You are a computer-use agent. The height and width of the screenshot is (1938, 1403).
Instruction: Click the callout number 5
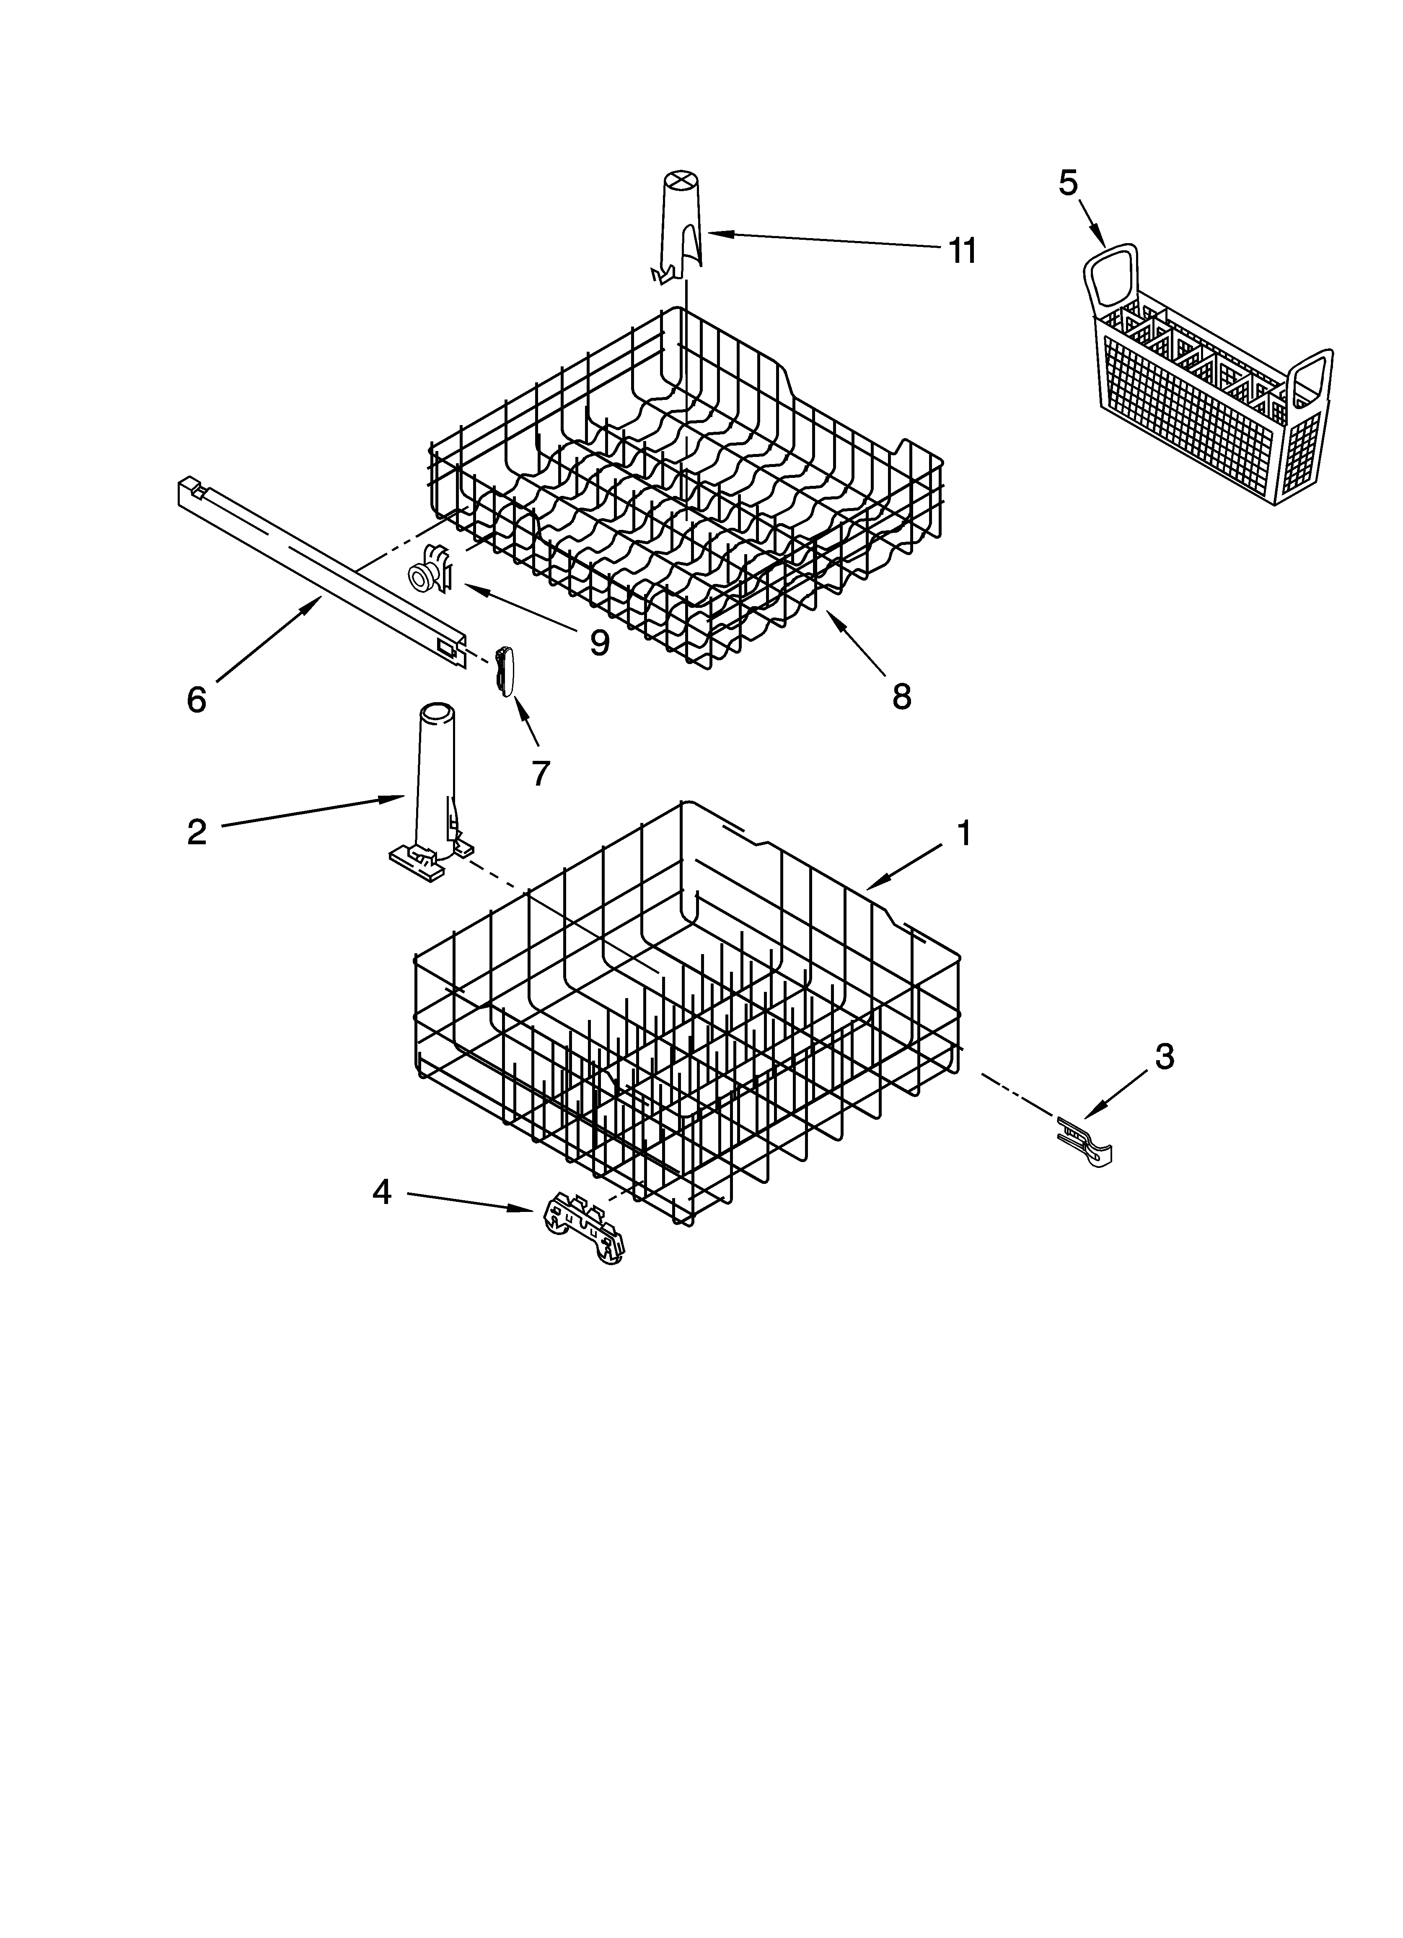(1068, 183)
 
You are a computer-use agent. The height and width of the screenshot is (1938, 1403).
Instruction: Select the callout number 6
(197, 700)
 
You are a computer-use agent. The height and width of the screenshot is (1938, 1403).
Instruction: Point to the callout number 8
(901, 696)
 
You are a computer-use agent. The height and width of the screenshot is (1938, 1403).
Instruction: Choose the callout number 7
(540, 773)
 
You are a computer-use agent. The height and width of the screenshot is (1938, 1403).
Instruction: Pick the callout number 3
(1164, 1057)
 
